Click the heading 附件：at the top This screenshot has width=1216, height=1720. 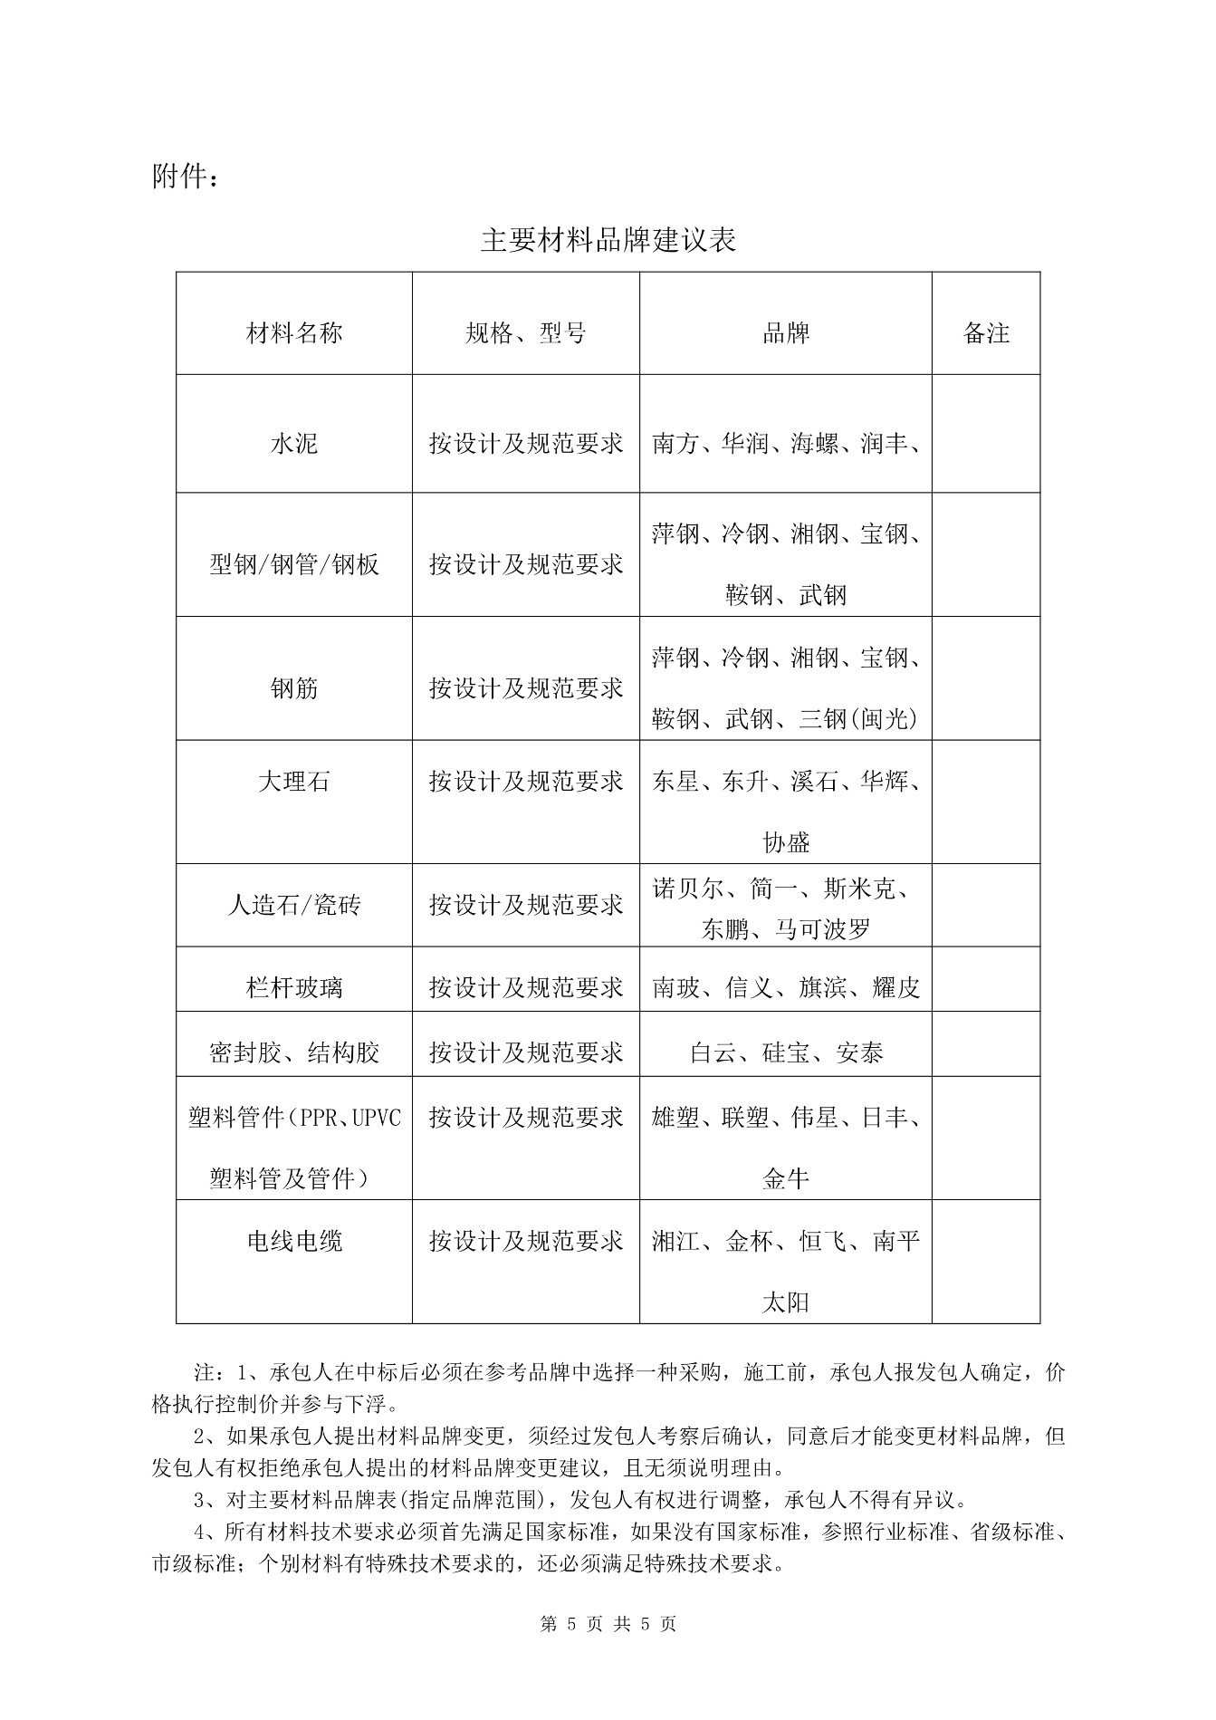point(185,178)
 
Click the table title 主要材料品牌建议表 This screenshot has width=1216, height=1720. point(608,240)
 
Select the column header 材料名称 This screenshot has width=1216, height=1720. point(294,333)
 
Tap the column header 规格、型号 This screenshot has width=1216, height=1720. point(525,333)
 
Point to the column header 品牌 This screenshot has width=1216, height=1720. point(785,333)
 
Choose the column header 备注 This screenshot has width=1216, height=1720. point(985,333)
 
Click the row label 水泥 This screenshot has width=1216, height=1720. point(294,444)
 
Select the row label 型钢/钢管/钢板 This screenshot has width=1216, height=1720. point(294,565)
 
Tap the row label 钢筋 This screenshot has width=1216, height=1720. point(294,688)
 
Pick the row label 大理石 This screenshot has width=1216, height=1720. point(294,781)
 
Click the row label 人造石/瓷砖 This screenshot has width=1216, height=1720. point(294,905)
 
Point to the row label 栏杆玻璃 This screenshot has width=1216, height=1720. point(294,987)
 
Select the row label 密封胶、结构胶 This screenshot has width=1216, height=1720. point(294,1052)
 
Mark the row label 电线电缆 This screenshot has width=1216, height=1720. point(294,1241)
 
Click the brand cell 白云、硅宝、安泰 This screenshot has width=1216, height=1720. point(785,1052)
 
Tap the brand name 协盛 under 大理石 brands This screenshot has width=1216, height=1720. point(785,842)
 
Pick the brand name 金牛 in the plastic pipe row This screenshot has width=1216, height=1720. point(785,1178)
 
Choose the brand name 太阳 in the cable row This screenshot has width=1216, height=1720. point(785,1302)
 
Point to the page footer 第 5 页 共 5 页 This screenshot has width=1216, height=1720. point(608,1624)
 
